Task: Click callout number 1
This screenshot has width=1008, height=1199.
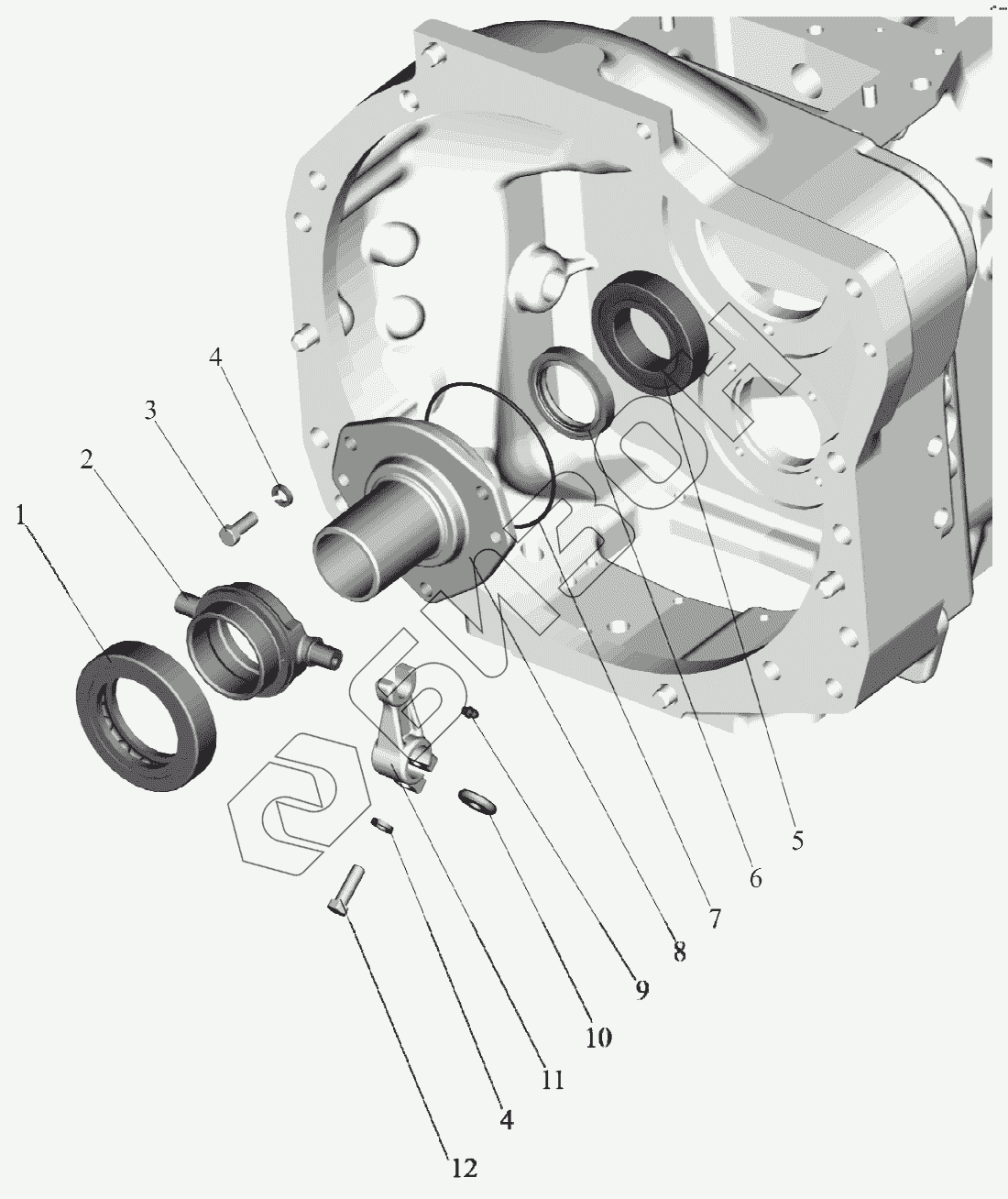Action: pyautogui.click(x=21, y=515)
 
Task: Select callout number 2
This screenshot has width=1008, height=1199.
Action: pyautogui.click(x=87, y=459)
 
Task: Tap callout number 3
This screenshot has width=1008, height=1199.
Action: pyautogui.click(x=150, y=410)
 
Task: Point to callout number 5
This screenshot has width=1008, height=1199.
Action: pyautogui.click(x=797, y=840)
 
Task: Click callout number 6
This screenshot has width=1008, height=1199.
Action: pyautogui.click(x=755, y=878)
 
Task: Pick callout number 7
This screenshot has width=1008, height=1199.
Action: pyautogui.click(x=714, y=918)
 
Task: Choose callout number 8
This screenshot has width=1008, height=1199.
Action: pyautogui.click(x=679, y=952)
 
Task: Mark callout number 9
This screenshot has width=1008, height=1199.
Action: pyautogui.click(x=641, y=990)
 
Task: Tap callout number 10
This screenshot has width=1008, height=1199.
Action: pyautogui.click(x=598, y=1037)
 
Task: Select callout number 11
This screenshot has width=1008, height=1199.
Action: pyautogui.click(x=553, y=1080)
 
